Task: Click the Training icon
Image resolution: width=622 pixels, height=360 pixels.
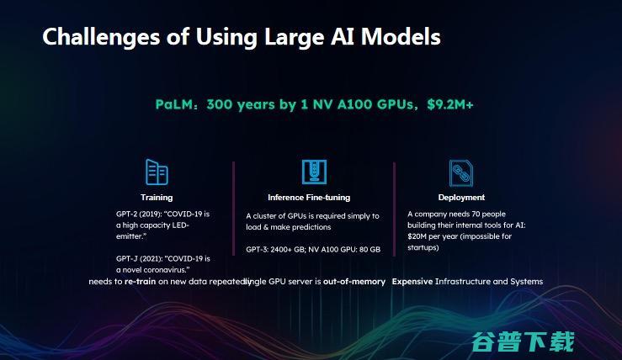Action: (x=157, y=172)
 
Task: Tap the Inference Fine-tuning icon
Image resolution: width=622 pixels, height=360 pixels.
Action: (x=314, y=172)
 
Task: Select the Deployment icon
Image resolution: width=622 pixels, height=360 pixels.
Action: (x=460, y=172)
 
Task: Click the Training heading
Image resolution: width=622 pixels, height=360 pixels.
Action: (x=157, y=198)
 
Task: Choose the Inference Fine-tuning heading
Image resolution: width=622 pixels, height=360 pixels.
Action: (x=309, y=198)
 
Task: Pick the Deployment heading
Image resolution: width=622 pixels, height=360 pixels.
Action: (x=461, y=198)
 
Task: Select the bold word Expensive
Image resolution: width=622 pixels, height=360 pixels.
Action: (x=412, y=282)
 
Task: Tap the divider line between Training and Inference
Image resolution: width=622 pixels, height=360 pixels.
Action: (x=233, y=219)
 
